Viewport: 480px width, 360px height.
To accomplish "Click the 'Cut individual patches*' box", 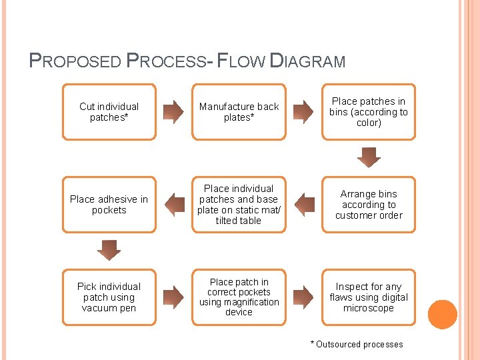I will tap(109, 111).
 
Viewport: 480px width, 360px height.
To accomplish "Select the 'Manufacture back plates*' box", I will tap(239, 111).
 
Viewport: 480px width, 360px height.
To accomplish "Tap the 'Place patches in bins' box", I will tap(369, 111).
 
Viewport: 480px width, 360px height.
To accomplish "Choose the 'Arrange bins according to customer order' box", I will tap(369, 205).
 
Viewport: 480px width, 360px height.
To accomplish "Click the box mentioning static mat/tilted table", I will tap(239, 205).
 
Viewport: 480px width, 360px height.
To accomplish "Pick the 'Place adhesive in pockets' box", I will tap(109, 205).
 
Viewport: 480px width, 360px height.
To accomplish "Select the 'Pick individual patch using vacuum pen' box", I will tap(109, 297).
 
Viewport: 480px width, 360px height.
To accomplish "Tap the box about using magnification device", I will tap(239, 297).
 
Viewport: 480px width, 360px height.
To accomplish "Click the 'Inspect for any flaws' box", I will tap(369, 297).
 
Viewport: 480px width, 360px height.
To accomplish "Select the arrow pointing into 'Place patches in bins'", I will tap(304, 111).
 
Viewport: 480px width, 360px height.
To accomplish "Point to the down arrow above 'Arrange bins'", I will tap(369, 157).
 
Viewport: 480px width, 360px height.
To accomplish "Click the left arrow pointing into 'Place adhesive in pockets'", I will tap(174, 205).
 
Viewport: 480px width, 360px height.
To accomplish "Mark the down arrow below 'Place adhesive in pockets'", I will tap(109, 250).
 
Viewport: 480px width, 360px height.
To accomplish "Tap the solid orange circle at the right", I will tap(442, 315).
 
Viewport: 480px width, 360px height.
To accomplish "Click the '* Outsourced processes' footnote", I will tap(357, 344).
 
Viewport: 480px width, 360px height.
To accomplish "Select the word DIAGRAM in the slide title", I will tap(307, 62).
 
